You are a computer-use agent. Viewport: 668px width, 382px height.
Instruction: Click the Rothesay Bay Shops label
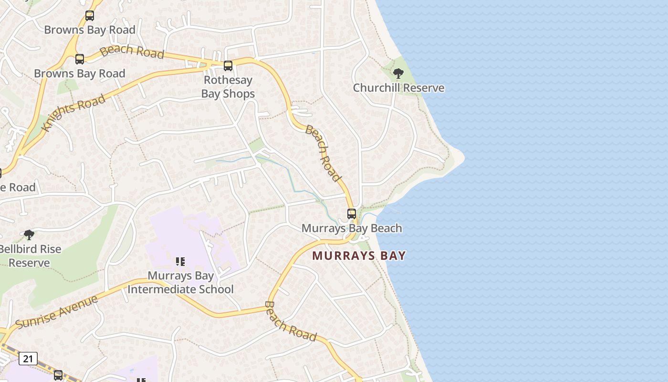pyautogui.click(x=228, y=87)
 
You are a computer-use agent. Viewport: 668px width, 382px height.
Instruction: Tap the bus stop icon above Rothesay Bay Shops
pyautogui.click(x=228, y=66)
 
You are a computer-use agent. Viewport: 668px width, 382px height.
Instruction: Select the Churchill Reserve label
pyautogui.click(x=398, y=88)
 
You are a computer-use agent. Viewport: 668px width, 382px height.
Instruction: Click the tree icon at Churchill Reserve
pyautogui.click(x=398, y=74)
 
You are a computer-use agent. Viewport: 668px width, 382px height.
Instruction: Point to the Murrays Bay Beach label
pyautogui.click(x=352, y=228)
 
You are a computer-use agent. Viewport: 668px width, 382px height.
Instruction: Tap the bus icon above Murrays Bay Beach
pyautogui.click(x=352, y=214)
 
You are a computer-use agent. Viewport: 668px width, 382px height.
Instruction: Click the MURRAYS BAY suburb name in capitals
pyautogui.click(x=359, y=255)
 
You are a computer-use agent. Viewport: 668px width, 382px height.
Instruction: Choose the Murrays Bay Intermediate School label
pyautogui.click(x=180, y=283)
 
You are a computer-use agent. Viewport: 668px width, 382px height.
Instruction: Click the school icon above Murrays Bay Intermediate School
pyautogui.click(x=180, y=261)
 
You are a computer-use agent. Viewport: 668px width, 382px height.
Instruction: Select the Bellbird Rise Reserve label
pyautogui.click(x=30, y=256)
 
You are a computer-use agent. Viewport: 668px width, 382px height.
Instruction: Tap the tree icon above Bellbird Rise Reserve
pyautogui.click(x=29, y=234)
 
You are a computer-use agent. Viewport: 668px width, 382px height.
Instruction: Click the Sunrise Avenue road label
pyautogui.click(x=56, y=312)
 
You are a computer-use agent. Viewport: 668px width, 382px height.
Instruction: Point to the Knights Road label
pyautogui.click(x=73, y=113)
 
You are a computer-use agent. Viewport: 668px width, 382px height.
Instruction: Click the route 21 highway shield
pyautogui.click(x=28, y=358)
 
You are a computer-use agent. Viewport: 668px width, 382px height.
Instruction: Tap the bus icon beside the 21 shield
pyautogui.click(x=58, y=375)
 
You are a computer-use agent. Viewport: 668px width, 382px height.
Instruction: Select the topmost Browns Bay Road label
pyautogui.click(x=90, y=30)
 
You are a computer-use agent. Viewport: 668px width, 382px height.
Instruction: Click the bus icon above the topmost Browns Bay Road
pyautogui.click(x=90, y=16)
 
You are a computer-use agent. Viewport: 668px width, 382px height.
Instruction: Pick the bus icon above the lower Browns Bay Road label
pyautogui.click(x=80, y=59)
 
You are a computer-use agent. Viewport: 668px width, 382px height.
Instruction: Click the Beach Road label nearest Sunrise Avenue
pyautogui.click(x=290, y=321)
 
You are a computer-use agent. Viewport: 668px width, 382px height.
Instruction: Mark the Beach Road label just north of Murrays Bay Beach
pyautogui.click(x=324, y=153)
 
